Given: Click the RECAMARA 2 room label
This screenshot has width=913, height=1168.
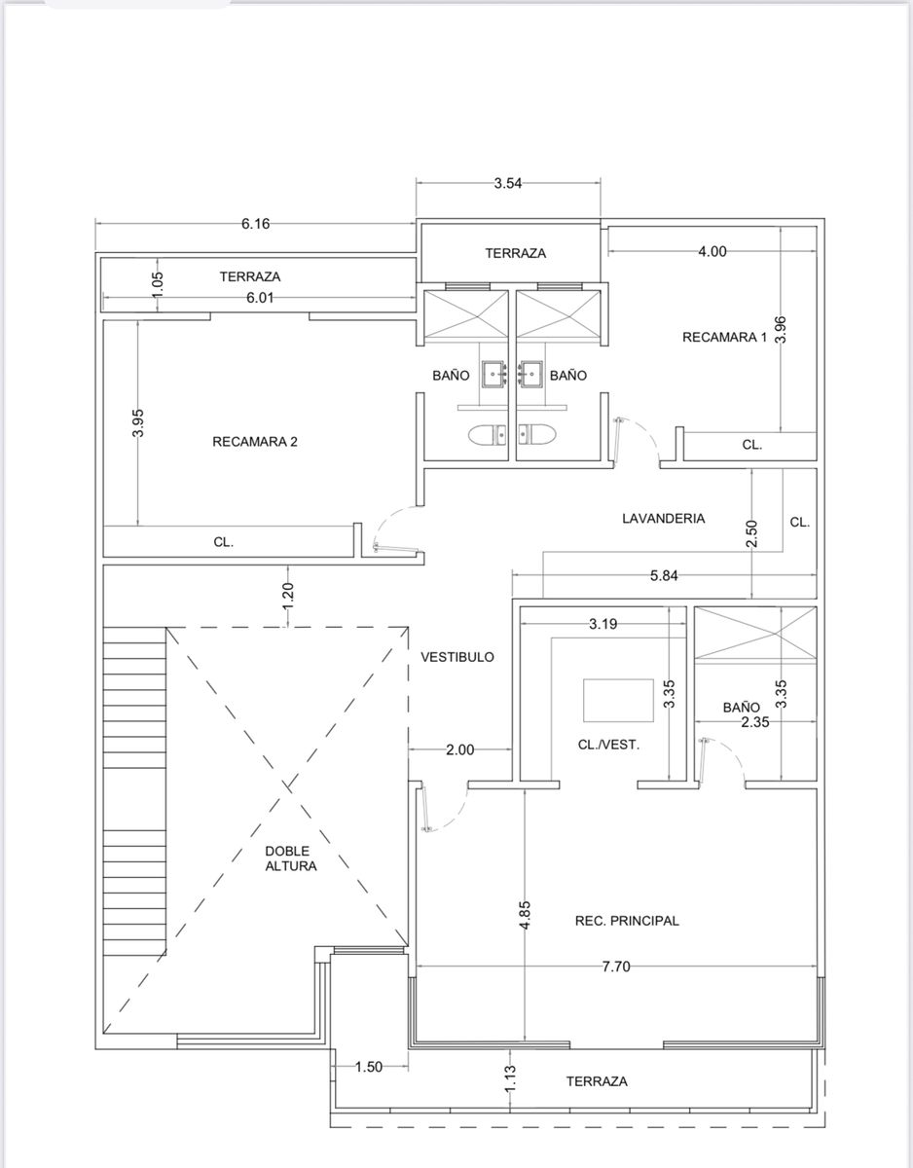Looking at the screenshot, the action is [255, 442].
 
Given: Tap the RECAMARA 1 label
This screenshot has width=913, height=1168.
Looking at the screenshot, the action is [724, 337].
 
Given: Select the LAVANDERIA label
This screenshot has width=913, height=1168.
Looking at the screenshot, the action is [663, 518].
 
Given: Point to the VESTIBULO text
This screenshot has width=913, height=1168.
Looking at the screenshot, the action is [457, 657].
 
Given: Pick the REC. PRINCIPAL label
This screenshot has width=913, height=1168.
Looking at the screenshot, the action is [627, 921].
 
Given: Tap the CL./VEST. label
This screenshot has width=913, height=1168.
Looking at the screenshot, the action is [608, 745].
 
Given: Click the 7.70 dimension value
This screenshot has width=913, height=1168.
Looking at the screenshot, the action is [616, 967].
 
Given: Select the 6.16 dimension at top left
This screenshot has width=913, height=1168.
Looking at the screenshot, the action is [255, 224].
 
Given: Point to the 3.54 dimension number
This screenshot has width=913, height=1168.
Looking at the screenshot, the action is [508, 183].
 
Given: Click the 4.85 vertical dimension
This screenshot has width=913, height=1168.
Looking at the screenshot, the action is [525, 915].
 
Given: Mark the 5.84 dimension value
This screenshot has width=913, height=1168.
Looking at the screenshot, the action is [664, 575].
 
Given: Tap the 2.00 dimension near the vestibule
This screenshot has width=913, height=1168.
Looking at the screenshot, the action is [460, 749].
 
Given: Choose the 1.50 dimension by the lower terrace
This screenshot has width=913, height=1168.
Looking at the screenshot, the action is [369, 1067].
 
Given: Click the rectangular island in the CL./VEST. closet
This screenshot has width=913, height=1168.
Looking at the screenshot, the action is [618, 701].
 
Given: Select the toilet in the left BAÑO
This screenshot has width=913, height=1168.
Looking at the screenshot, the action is [488, 435].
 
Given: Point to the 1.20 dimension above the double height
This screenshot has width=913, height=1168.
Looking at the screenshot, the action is [288, 596].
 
